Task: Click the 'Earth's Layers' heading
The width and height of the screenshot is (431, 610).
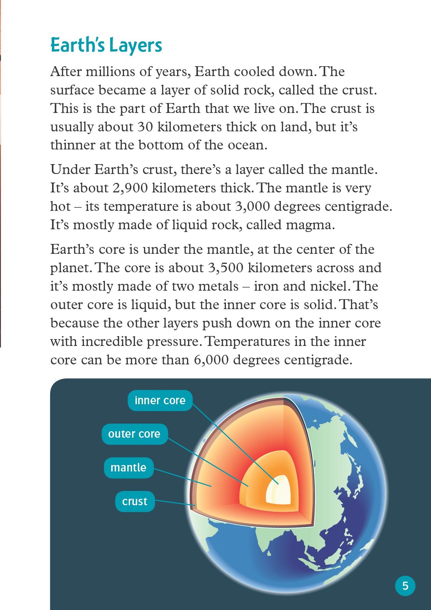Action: point(106,45)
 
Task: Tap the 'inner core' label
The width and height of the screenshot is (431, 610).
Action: point(160,400)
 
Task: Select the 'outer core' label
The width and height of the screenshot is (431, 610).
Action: point(134,434)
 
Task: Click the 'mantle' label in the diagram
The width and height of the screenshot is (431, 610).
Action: point(128,467)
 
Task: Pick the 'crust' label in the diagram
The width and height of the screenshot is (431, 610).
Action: point(135,501)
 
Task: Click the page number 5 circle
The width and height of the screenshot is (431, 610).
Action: point(405,586)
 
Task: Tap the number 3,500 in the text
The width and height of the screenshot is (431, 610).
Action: point(225,268)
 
